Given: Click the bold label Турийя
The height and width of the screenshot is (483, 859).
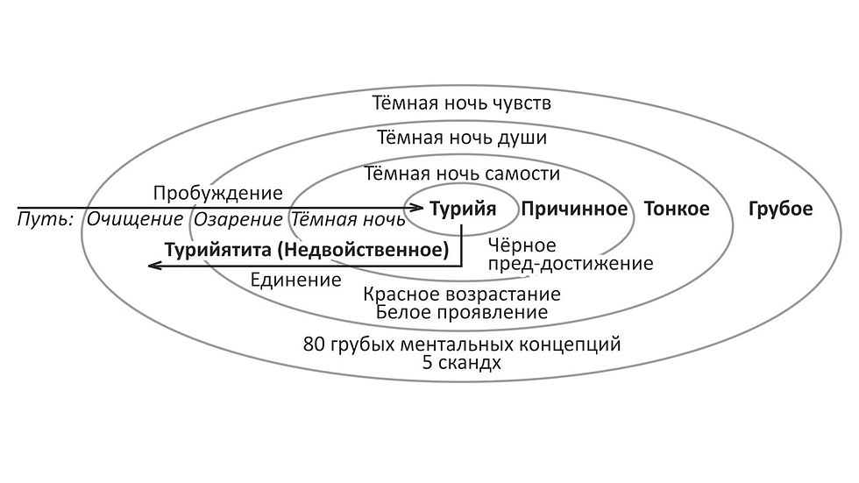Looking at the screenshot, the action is [x=463, y=210].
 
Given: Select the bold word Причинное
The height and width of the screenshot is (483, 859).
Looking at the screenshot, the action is [x=574, y=210].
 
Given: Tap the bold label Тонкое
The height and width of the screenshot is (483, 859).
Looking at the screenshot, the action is [x=677, y=209].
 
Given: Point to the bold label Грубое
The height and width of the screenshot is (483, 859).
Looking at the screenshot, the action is [x=780, y=210].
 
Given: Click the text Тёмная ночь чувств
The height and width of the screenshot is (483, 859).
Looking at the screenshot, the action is [x=462, y=103].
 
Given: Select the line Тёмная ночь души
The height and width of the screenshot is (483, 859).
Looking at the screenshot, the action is [x=462, y=138].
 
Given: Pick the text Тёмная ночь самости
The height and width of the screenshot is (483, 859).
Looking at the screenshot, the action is [x=462, y=174].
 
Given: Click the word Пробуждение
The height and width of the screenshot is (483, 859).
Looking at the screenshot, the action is [x=217, y=194].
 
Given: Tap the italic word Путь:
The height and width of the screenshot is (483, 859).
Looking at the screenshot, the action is [x=46, y=220].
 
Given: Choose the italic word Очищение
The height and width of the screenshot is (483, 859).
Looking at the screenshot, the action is [x=135, y=219].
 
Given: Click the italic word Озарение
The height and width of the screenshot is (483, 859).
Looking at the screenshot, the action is [x=238, y=220].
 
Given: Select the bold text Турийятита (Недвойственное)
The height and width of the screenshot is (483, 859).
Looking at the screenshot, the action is [x=307, y=250].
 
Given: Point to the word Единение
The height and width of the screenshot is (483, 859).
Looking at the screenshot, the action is [x=296, y=280].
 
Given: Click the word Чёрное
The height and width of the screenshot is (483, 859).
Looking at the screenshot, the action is [x=522, y=245].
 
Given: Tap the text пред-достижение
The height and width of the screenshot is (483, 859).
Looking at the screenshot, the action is [x=571, y=264].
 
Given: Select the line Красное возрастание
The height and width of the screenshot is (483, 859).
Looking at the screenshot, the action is [x=462, y=295].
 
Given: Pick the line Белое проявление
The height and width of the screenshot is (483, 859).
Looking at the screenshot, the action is [x=462, y=313].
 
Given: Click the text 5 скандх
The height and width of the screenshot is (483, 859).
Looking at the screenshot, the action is [x=462, y=363].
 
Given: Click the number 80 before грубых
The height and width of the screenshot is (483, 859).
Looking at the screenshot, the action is [x=315, y=344].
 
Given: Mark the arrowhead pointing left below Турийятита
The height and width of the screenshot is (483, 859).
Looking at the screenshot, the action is [x=153, y=266].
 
